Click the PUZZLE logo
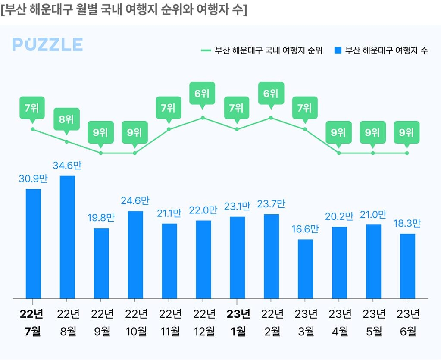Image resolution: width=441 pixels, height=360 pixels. (47, 44)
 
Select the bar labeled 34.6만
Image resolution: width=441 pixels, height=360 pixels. (67, 237)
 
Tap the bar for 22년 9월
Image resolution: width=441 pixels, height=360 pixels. (101, 263)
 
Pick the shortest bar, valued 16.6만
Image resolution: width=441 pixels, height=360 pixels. (305, 269)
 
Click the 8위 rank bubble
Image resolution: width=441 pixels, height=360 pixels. (66, 119)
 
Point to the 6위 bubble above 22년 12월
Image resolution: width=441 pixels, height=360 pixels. (202, 93)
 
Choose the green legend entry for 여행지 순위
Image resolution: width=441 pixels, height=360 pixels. (262, 50)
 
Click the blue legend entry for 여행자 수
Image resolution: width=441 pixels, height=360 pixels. (381, 50)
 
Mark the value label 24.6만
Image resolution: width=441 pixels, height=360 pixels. (135, 201)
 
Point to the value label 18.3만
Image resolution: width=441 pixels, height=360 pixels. (407, 224)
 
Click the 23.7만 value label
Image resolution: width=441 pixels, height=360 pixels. (271, 204)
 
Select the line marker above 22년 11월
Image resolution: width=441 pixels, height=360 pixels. (169, 129)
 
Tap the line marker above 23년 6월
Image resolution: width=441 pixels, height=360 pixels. (407, 153)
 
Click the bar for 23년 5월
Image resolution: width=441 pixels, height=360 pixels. (373, 261)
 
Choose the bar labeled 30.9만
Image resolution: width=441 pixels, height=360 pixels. (33, 244)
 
